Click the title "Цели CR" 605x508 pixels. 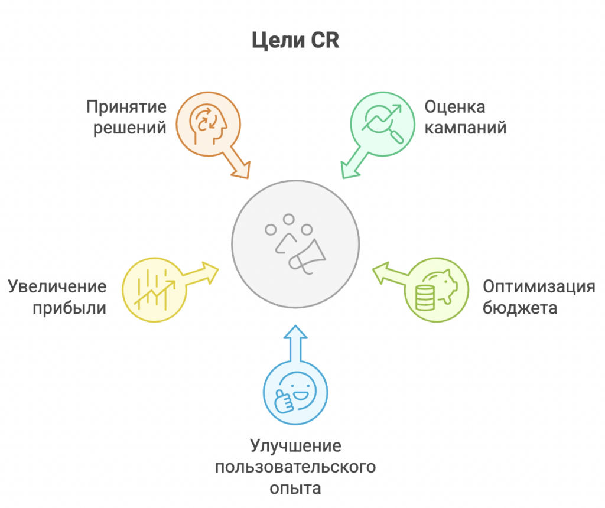tap(295, 41)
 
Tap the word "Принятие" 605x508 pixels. tap(126, 108)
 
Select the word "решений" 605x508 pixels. tap(129, 128)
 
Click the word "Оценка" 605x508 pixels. tap(454, 107)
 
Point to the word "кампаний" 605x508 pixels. tap(466, 128)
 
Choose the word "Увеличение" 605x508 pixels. tap(57, 287)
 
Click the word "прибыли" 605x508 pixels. tap(70, 308)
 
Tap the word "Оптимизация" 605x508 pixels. tap(539, 287)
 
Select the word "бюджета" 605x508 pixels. tap(520, 308)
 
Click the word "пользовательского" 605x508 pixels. tap(295, 467)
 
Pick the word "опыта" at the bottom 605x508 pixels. tap(295, 489)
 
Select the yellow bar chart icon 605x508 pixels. tap(155, 290)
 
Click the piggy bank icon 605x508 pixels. tap(437, 290)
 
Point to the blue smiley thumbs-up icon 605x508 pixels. tap(295, 392)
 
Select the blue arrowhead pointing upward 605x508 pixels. tap(295, 333)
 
